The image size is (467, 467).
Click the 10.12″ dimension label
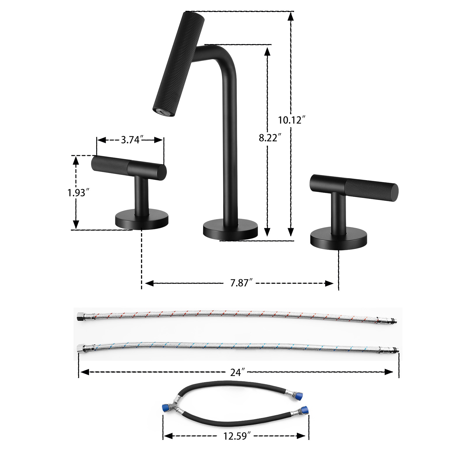[291, 120]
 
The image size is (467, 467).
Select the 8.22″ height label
[270, 137]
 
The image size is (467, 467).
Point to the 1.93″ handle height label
[78, 193]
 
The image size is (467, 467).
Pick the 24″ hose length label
[237, 372]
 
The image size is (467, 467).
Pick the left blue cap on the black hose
[165, 408]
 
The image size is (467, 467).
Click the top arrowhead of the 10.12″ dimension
[290, 16]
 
